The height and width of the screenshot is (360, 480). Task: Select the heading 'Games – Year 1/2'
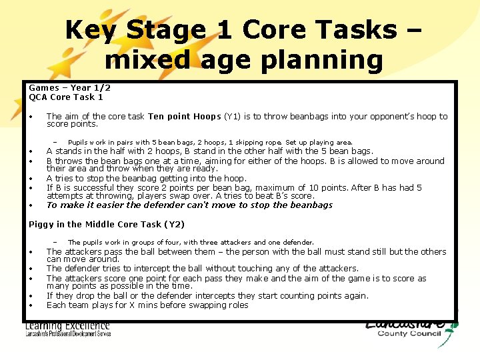69,88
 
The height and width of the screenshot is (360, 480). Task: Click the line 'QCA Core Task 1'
66,97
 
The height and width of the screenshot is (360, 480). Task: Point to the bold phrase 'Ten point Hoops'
184,117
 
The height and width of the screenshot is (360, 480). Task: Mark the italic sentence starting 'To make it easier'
189,205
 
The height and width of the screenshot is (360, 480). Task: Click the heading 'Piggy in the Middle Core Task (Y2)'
107,225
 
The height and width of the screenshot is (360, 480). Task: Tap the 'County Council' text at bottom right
409,334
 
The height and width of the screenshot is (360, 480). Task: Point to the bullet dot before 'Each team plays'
32,306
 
